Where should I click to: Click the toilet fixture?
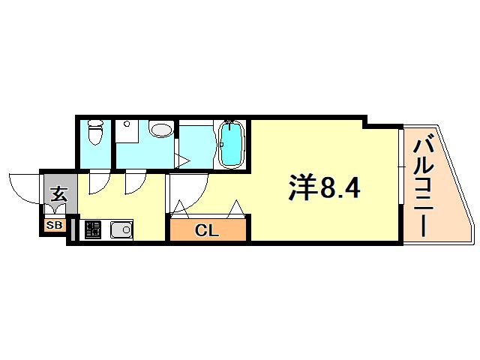(x=95, y=132)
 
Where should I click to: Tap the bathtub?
(x=232, y=144)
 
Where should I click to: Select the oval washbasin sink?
(x=161, y=130)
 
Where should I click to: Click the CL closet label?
(x=207, y=230)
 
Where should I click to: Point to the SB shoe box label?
(x=54, y=225)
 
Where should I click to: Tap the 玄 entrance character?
(x=58, y=194)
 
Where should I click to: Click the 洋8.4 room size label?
(x=325, y=187)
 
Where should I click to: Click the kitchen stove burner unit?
(x=93, y=229)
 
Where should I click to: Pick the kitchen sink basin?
(x=121, y=229)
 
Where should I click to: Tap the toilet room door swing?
(x=99, y=183)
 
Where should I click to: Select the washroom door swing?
(x=135, y=183)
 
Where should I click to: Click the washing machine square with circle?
(x=127, y=131)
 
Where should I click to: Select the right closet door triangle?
(x=236, y=208)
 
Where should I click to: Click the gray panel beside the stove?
(x=73, y=229)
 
